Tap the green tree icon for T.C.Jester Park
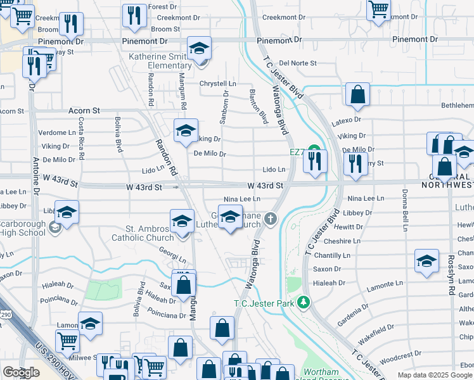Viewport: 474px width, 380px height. coord(305,302)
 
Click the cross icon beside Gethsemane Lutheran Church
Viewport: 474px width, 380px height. coord(271,220)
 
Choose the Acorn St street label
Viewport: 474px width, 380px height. coord(84,110)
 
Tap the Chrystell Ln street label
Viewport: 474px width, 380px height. coord(217,84)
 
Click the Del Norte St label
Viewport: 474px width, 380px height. coord(297,63)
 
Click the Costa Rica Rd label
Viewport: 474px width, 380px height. coord(81,134)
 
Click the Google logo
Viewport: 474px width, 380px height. coord(21,372)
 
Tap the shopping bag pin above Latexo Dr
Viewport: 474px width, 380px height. coord(357,95)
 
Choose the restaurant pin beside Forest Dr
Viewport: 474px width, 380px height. coord(134,16)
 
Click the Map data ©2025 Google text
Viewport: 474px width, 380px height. coord(435,375)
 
